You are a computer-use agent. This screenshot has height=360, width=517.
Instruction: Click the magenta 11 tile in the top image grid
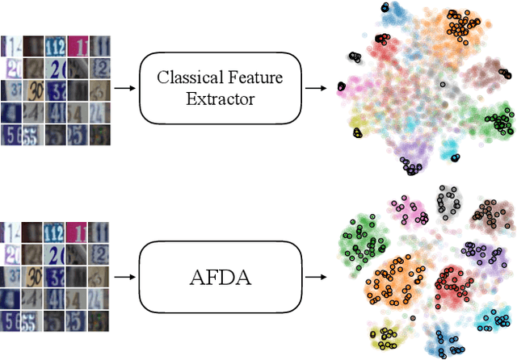78,45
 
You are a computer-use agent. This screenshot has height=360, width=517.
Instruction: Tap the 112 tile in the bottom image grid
56,236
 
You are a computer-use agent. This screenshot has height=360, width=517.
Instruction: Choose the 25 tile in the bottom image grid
78,321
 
